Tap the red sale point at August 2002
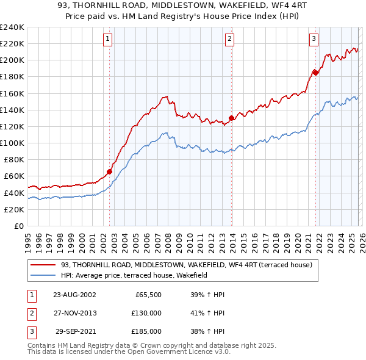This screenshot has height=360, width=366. [110, 171]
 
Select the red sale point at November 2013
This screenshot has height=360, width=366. [231, 118]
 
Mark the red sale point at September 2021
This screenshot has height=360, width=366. [315, 72]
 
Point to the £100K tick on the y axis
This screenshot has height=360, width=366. [12, 143]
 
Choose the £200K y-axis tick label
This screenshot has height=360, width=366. [12, 60]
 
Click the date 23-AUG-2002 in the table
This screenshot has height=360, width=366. [74, 295]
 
